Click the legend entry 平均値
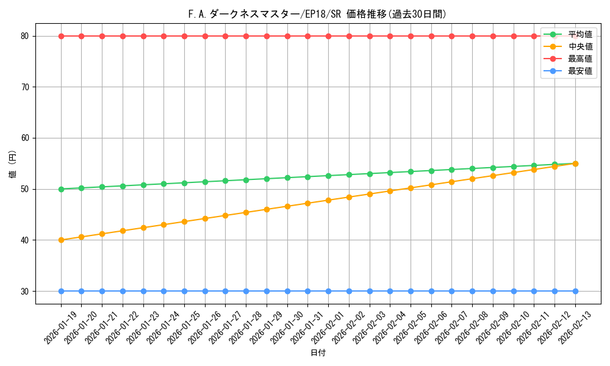579,34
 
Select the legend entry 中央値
579,46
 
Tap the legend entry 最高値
579,59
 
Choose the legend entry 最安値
579,71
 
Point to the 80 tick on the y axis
24,36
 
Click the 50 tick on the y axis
24,189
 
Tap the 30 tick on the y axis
24,291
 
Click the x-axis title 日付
318,353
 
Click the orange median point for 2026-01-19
61,240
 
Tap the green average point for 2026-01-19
61,189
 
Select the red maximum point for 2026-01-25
184,36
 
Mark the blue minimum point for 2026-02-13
575,291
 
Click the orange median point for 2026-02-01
328,200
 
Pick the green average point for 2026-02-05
411,171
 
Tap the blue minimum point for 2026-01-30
287,291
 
